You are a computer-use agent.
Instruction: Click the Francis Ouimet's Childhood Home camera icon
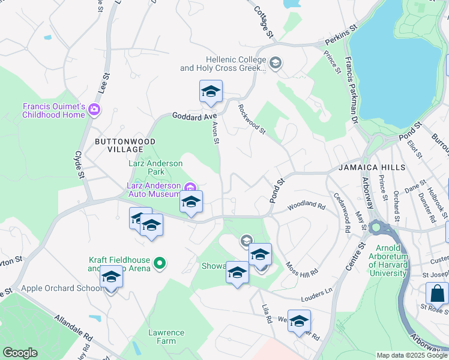coord(94,110)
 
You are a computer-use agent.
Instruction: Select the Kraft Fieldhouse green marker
coord(160,263)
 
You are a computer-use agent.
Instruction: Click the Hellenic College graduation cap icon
coord(276,63)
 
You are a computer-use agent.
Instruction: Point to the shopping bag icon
coord(437,294)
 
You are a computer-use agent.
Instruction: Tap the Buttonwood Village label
coord(119,145)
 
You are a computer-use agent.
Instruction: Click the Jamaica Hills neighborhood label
coord(371,167)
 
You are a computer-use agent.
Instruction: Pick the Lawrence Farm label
coord(166,337)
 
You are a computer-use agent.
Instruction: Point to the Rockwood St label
coord(251,118)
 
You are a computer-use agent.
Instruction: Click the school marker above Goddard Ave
coord(211,92)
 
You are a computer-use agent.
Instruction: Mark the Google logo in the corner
coord(20,353)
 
